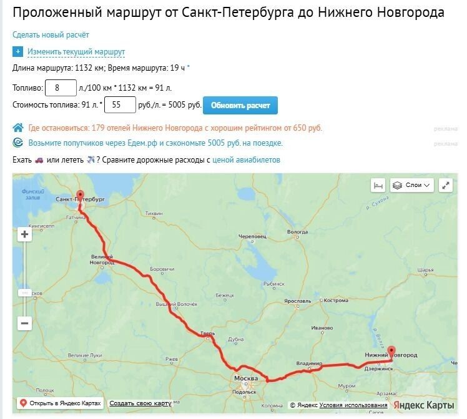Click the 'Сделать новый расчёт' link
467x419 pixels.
pyautogui.click(x=51, y=34)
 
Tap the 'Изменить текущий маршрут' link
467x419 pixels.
pyautogui.click(x=76, y=52)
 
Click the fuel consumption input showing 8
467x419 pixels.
pyautogui.click(x=61, y=88)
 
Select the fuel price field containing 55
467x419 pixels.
pyautogui.click(x=121, y=106)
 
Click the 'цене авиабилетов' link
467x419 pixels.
pyautogui.click(x=247, y=160)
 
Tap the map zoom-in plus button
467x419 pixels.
pyautogui.click(x=25, y=235)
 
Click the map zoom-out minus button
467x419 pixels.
pyautogui.click(x=25, y=323)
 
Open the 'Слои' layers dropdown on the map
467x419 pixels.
pyautogui.click(x=412, y=185)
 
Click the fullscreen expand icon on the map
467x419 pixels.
pyautogui.click(x=446, y=185)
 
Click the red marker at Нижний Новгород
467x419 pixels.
pyautogui.click(x=391, y=351)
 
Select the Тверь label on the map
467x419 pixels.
pyautogui.click(x=208, y=334)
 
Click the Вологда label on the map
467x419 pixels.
pyautogui.click(x=298, y=233)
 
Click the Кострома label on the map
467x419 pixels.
pyautogui.click(x=337, y=300)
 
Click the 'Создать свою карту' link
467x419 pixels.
pyautogui.click(x=140, y=403)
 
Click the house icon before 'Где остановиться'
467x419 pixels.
pyautogui.click(x=19, y=128)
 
